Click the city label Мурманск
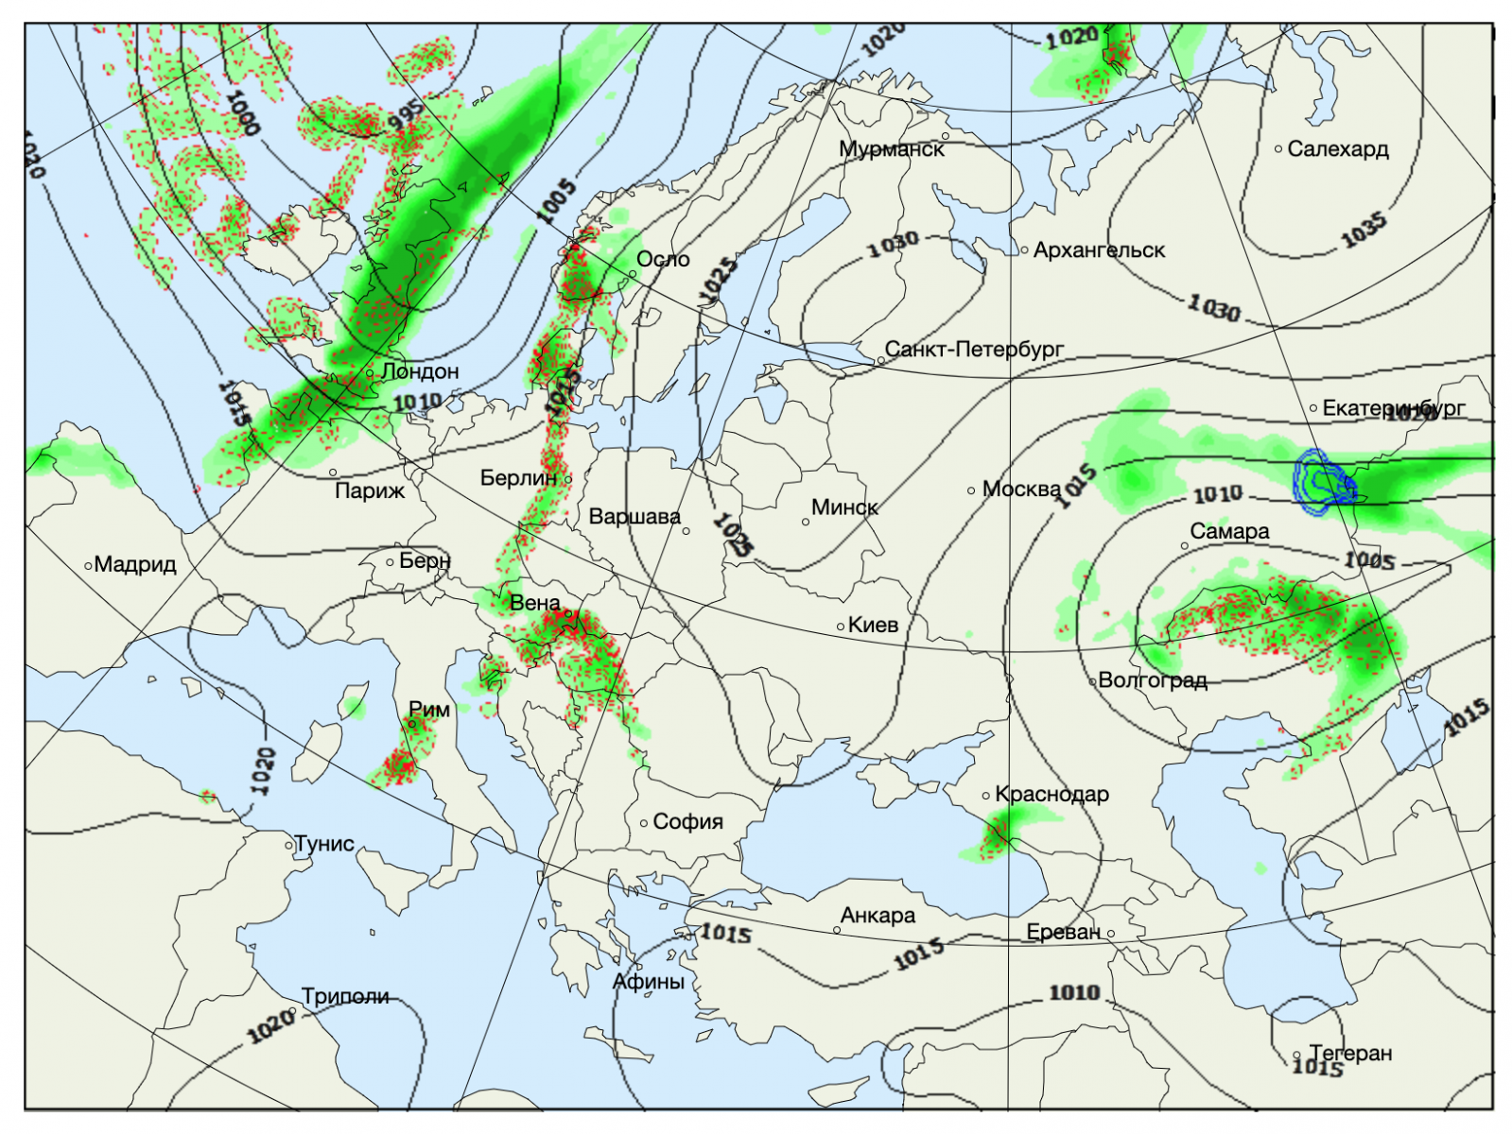891,149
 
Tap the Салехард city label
1337,149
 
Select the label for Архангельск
1099,250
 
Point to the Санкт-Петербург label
974,350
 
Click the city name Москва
1021,490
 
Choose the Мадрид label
135,565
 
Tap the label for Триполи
345,997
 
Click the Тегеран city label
1350,1053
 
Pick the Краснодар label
1051,795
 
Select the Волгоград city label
1153,680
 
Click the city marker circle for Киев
841,627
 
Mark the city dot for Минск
806,522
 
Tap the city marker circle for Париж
333,472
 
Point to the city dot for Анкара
837,930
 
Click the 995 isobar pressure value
407,115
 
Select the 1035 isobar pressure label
1364,230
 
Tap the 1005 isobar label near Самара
1369,560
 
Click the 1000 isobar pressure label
243,112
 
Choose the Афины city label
648,982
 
